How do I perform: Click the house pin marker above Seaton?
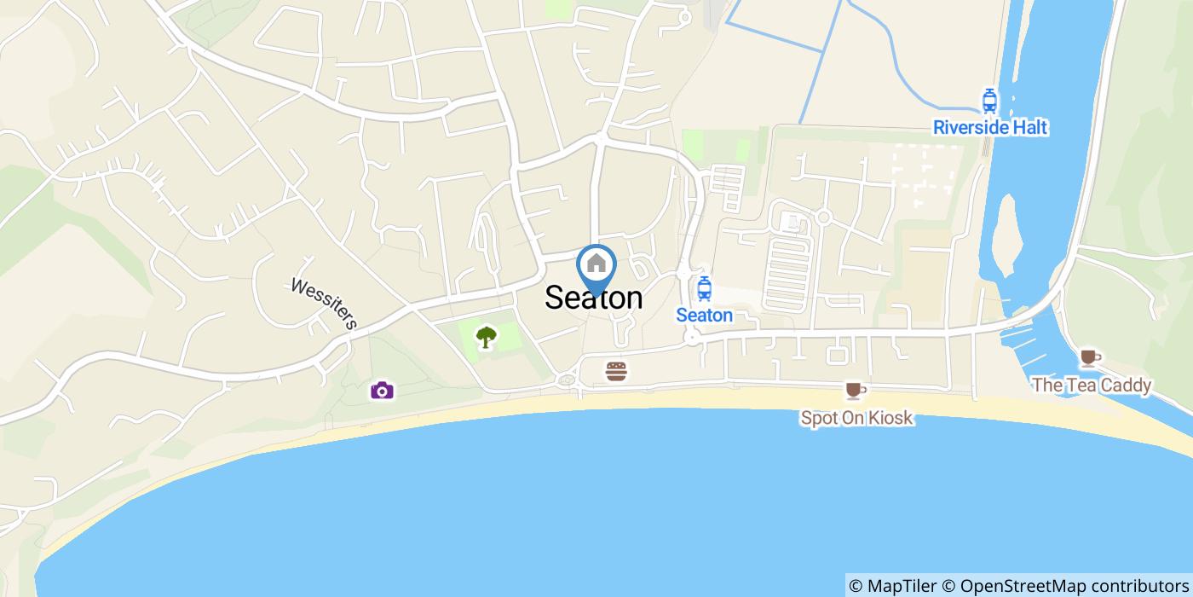596,264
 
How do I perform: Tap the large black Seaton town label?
593,298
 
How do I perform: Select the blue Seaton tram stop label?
704,316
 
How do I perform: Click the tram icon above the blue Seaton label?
704,289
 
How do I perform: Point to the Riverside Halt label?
990,128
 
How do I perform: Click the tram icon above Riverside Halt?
989,101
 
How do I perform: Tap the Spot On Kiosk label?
856,418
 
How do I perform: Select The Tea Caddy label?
1091,385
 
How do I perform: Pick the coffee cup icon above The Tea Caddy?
1089,357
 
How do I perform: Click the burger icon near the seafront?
616,371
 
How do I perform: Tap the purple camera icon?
382,391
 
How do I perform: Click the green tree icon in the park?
486,338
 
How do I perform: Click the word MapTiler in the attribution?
900,586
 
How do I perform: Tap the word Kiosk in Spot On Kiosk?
888,418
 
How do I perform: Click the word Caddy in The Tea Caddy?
1123,385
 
